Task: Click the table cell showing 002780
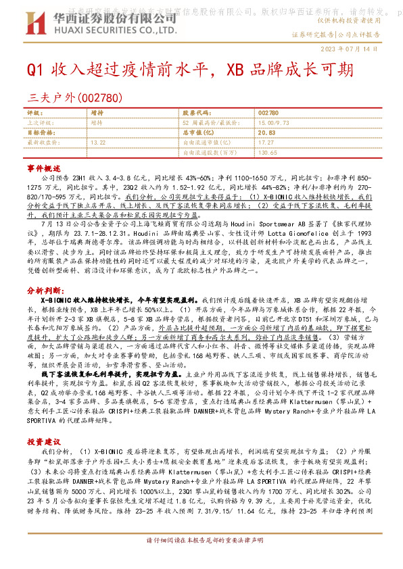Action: [268, 113]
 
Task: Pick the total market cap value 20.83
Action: [266, 133]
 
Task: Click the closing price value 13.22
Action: [98, 143]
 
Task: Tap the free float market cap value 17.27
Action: [266, 143]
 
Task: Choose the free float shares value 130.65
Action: [268, 153]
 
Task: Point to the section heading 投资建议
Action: [43, 422]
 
